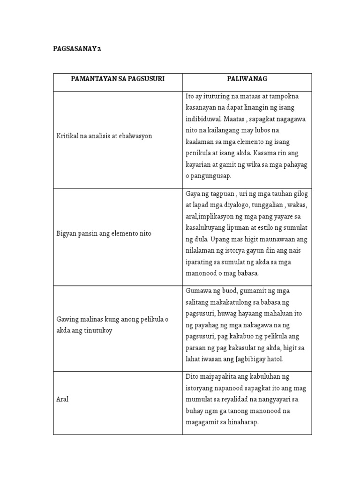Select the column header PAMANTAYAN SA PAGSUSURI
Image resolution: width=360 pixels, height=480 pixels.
point(118,79)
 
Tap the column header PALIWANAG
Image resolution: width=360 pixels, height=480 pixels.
point(247,79)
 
